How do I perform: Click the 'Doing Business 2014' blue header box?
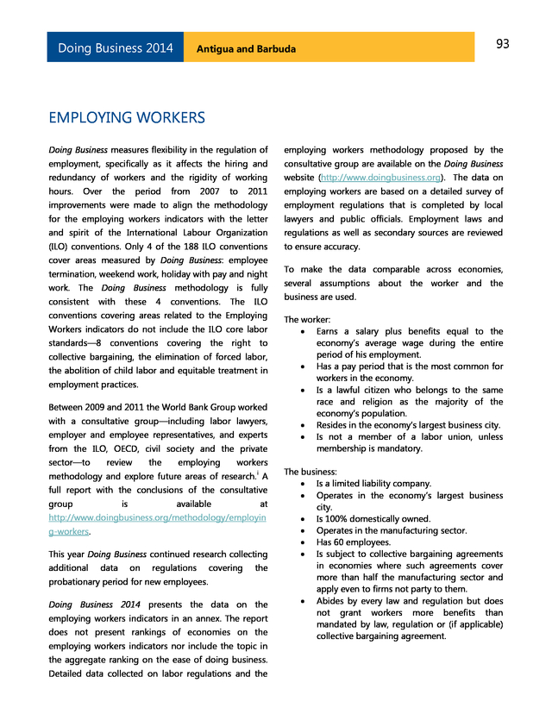pyautogui.click(x=116, y=47)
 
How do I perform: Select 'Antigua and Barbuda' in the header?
pyautogui.click(x=246, y=48)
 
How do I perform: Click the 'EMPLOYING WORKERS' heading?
pyautogui.click(x=127, y=117)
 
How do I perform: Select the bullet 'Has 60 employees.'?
pyautogui.click(x=353, y=542)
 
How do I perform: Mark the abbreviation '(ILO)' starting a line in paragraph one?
pyautogui.click(x=62, y=247)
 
